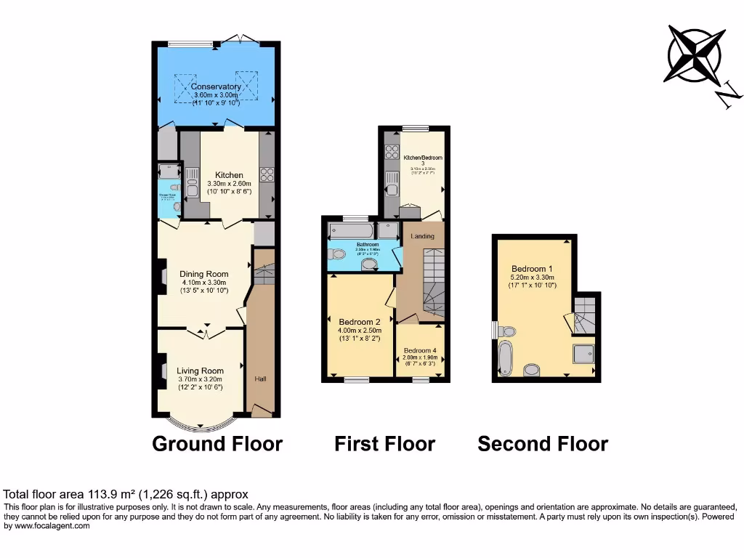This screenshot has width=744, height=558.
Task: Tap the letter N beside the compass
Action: pos(729,96)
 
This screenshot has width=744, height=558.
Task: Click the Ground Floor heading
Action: pos(217,444)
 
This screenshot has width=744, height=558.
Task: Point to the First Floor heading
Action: pos(384,444)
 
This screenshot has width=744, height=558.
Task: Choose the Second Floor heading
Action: pos(543,444)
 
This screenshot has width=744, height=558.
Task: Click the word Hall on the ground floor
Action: pos(260,379)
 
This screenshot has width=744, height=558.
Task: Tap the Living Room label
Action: pos(200,371)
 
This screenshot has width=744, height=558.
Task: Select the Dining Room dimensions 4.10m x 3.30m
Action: pos(204,283)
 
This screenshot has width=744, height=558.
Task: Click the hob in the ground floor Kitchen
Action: pos(267,174)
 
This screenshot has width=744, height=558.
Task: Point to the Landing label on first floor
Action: pos(422,236)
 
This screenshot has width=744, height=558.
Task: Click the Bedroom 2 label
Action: pos(360,322)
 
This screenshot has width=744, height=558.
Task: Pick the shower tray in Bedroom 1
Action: pos(583,354)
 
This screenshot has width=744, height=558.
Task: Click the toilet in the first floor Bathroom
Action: pos(336,255)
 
